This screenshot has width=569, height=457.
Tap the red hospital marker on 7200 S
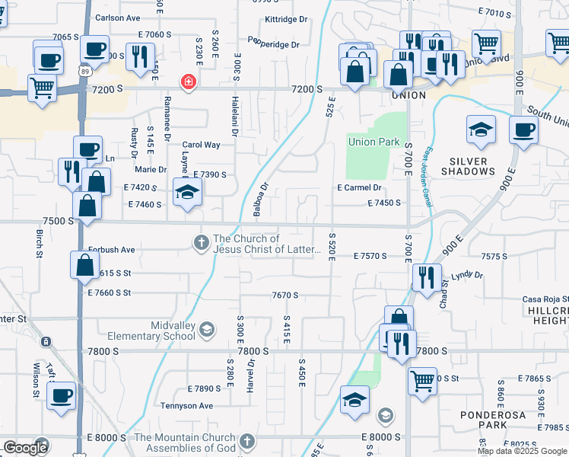click(186, 83)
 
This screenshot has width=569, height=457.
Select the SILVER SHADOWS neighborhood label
click(482, 166)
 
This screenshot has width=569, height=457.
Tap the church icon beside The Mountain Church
click(246, 441)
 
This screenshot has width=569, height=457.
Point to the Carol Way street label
click(201, 145)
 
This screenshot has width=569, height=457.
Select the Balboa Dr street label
click(260, 197)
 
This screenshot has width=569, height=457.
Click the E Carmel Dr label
click(358, 187)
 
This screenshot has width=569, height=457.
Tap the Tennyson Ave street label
click(186, 406)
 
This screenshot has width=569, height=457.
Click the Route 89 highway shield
click(83, 71)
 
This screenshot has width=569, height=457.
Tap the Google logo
click(26, 448)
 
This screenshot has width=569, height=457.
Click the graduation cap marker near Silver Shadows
click(481, 130)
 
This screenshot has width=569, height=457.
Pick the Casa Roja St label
click(545, 299)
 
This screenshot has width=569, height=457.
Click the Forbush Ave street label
click(111, 249)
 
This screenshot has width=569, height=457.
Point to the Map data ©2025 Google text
click(521, 451)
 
